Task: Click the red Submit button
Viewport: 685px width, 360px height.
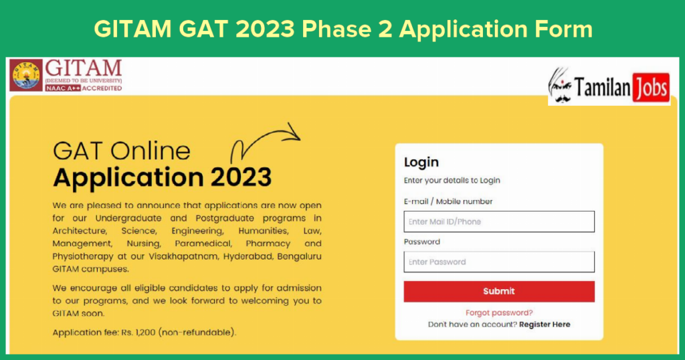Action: (499, 291)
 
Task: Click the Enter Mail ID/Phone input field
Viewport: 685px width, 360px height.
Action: (499, 221)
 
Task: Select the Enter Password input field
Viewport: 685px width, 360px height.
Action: (499, 262)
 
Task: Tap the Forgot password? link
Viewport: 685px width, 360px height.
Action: (499, 312)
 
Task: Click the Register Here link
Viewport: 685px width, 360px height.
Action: (545, 324)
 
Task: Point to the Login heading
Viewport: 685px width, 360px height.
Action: (421, 163)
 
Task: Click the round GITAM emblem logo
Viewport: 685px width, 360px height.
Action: (26, 75)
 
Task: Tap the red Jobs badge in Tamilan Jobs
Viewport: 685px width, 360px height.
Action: (651, 88)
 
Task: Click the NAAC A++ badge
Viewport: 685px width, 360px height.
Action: (63, 88)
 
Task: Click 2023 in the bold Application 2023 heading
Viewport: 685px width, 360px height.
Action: (241, 177)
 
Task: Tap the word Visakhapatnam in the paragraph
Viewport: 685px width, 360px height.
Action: (183, 256)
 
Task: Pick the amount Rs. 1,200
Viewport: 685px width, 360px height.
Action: (138, 333)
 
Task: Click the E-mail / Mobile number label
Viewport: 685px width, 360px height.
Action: (448, 201)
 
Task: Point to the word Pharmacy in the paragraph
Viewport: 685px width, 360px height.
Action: (268, 244)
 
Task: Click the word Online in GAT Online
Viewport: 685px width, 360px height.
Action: (150, 151)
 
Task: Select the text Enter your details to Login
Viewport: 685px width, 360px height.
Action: (452, 181)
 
